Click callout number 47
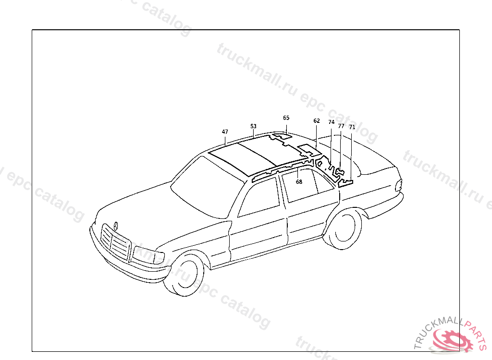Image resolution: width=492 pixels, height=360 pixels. (x=225, y=132)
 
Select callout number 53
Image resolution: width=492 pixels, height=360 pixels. (x=253, y=126)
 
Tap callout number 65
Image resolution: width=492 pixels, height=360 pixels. (x=286, y=118)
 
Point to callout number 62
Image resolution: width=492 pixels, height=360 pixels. (x=316, y=121)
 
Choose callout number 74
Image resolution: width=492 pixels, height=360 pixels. (x=331, y=122)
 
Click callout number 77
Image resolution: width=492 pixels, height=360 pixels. (x=341, y=126)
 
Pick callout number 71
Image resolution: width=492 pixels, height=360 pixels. (x=352, y=127)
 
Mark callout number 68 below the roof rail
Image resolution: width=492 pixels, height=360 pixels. (x=299, y=182)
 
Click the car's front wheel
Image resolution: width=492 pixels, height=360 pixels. (x=185, y=275)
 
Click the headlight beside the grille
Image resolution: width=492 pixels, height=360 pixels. (x=147, y=255)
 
